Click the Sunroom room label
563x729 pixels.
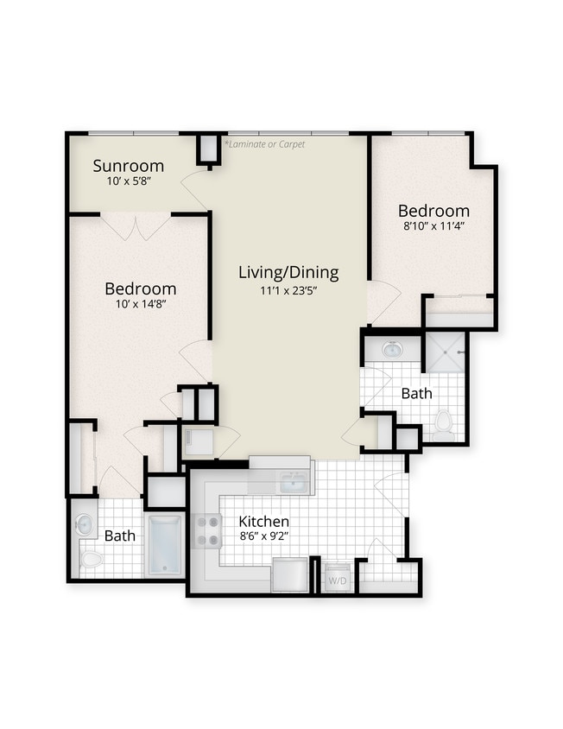coord(129,165)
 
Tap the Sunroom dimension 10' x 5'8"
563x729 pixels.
coord(129,181)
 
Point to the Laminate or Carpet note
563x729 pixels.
coord(264,144)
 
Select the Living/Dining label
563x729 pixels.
coord(288,273)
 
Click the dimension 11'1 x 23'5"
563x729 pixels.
coord(288,291)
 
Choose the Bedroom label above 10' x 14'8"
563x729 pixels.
coord(141,288)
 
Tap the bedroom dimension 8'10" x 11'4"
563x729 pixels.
coord(433,226)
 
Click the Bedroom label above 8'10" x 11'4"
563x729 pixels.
coord(433,211)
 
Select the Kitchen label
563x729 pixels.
coord(263,522)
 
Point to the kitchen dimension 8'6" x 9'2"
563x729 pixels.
coord(263,537)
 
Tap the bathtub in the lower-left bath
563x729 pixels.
coord(165,545)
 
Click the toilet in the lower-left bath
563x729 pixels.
coord(91,560)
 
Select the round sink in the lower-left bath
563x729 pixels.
coord(84,523)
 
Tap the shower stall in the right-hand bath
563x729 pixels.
coord(446,352)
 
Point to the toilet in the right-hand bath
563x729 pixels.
coord(444,421)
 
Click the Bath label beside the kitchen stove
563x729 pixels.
coord(120,536)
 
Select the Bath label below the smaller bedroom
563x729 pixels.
coord(416,393)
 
